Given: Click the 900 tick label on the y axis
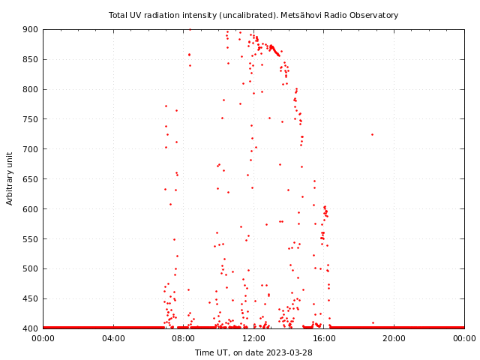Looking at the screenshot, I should [31, 29].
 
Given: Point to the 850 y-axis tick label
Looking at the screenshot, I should [31, 59].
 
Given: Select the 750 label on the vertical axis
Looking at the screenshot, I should [31, 119].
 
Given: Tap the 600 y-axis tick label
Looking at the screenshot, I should [31, 209].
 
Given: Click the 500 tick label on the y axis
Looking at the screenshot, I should [31, 268].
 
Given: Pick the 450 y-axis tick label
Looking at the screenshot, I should [31, 298].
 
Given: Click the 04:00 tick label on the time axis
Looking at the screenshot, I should [113, 338].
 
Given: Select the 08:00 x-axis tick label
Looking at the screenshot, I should [184, 338].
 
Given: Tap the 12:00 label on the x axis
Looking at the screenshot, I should [253, 338].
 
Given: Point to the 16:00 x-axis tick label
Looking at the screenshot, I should [324, 338].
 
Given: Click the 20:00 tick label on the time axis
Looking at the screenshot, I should [394, 338].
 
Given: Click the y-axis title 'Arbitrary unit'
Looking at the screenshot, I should [10, 178].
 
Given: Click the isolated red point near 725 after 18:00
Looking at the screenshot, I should [372, 134].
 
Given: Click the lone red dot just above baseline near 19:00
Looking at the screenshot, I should [373, 322].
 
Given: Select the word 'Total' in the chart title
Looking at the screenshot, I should [118, 15].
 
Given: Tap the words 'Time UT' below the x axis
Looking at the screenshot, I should [212, 352].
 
